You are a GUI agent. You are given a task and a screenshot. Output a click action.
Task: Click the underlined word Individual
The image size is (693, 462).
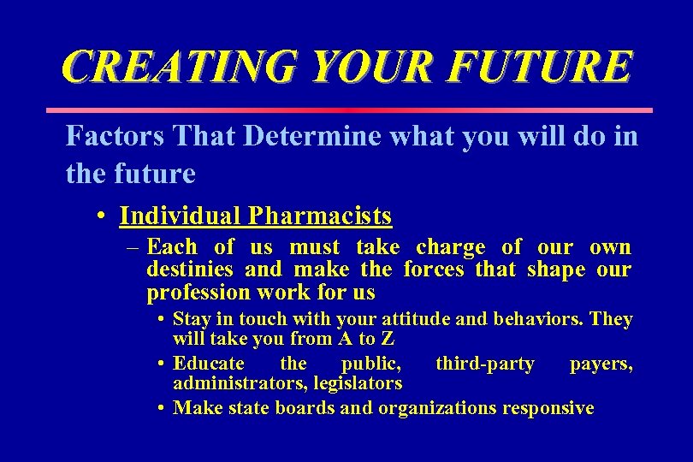[x=181, y=216]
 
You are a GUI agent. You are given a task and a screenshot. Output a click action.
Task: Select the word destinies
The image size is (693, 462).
[x=190, y=270]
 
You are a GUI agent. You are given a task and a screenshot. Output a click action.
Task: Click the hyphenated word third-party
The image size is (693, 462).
[x=485, y=364]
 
